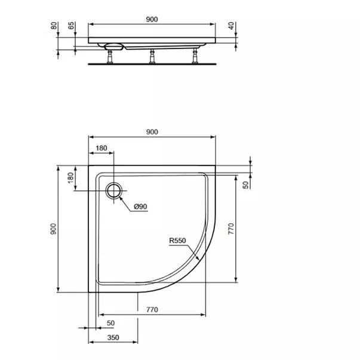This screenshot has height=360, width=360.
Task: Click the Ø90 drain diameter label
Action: tap(140, 206)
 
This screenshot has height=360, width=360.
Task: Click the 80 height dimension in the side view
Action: tap(54, 26)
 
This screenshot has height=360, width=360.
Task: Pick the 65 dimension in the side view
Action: tap(72, 26)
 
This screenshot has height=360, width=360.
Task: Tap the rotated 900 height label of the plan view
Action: tap(53, 228)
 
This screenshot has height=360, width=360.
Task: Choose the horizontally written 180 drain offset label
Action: tap(101, 147)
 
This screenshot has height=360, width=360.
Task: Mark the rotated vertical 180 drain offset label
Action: tap(70, 178)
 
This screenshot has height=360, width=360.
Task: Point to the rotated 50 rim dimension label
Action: tap(245, 185)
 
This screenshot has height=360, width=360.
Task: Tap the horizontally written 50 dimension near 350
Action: tap(110, 323)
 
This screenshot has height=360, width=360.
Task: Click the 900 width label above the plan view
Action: tap(152, 132)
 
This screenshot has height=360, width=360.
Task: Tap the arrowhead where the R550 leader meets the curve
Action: tap(198, 260)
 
